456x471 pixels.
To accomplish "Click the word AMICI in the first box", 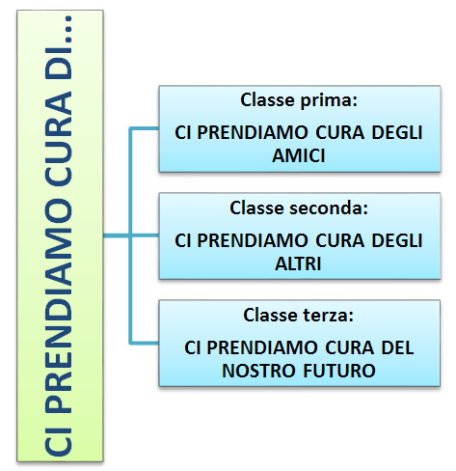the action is click(299, 155).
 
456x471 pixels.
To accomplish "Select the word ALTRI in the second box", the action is click(298, 263).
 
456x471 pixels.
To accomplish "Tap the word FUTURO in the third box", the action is click(339, 371).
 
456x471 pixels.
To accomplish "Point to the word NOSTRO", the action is click(258, 371).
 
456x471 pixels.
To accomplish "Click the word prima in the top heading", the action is click(329, 100).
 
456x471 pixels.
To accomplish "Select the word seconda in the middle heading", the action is click(329, 208).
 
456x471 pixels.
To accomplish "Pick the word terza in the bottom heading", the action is click(329, 315).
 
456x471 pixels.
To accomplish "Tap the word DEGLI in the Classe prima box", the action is click(397, 132).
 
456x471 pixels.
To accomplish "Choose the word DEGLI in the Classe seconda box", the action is click(397, 240).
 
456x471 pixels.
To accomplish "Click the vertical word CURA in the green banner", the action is click(59, 138).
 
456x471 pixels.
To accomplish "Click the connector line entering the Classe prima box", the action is click(144, 128).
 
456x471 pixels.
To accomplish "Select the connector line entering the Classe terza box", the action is click(144, 343).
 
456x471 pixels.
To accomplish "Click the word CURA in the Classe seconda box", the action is click(340, 240).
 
